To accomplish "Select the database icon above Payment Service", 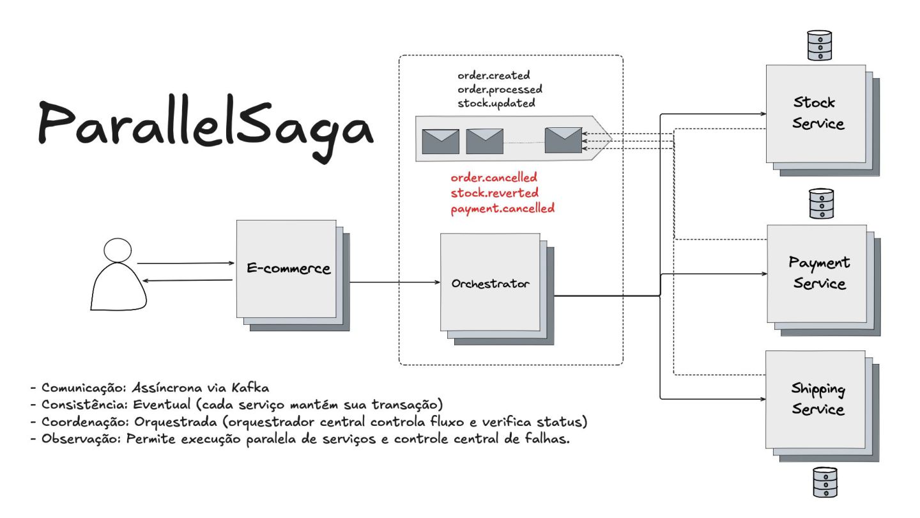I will (821, 203).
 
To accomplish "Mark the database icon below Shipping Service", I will (824, 482).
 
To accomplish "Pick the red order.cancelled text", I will (493, 177).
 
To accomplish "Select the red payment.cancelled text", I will (502, 208).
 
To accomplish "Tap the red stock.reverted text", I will (494, 192).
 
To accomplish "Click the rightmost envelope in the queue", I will (563, 140).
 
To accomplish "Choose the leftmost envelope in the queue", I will (440, 141).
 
